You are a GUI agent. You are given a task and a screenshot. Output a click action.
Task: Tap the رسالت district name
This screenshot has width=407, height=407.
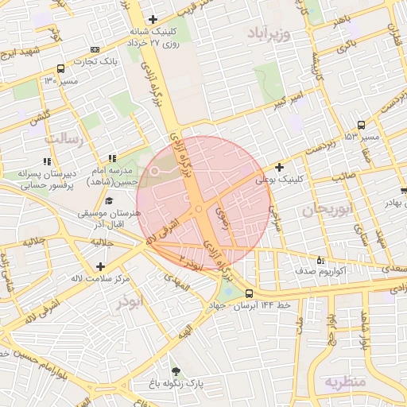pyautogui.click(x=63, y=138)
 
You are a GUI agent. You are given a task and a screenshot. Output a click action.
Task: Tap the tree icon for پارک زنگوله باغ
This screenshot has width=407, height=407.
pyautogui.click(x=175, y=370)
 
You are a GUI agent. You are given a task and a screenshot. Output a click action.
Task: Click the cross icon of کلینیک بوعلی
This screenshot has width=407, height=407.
pyautogui.click(x=279, y=167)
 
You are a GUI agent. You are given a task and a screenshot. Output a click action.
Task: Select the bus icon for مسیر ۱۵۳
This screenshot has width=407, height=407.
pyautogui.click(x=362, y=125)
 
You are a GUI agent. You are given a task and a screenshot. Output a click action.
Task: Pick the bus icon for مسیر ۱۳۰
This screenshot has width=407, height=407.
pyautogui.click(x=61, y=69)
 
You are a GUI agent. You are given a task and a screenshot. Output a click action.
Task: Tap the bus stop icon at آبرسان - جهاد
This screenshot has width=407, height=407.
pyautogui.click(x=250, y=293)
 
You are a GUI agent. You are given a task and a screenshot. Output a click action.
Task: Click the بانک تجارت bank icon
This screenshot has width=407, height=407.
pyautogui.click(x=95, y=48)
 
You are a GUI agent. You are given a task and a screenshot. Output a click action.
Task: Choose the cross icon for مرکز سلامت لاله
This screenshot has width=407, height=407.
pyautogui.click(x=99, y=266)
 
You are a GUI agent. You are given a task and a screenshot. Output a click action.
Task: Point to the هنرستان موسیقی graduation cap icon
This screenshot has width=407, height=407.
pyautogui.click(x=109, y=201)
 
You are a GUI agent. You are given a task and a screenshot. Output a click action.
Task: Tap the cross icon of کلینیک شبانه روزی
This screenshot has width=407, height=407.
pyautogui.click(x=153, y=19)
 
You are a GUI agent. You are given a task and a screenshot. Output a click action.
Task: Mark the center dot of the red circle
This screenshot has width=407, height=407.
pyautogui.click(x=199, y=208)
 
